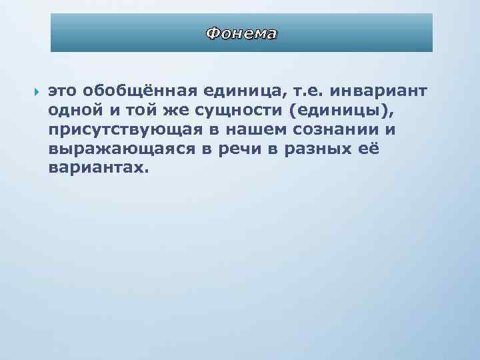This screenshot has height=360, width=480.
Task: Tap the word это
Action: tap(63, 91)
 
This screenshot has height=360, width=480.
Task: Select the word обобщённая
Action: tap(135, 91)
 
